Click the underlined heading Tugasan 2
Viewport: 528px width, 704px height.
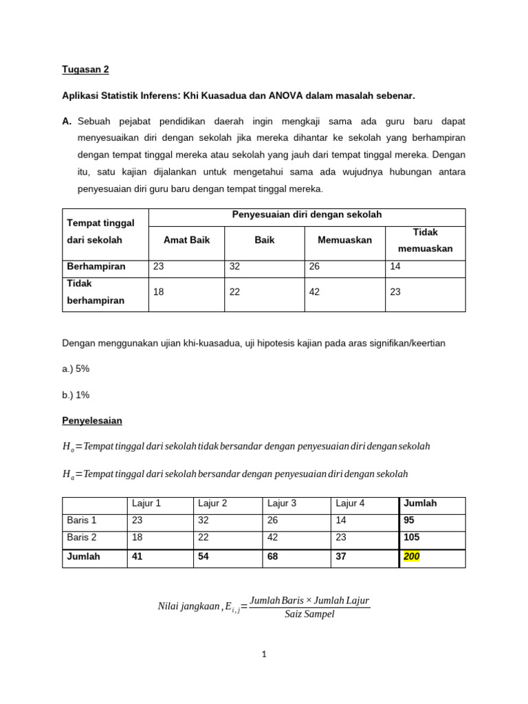pos(85,69)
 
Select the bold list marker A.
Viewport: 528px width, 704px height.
pos(67,121)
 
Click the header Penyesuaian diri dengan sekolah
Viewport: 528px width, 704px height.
pos(307,215)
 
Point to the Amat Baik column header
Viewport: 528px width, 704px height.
pos(186,240)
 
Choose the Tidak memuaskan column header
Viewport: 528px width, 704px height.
pos(425,240)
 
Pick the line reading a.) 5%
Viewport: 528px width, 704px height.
pos(76,368)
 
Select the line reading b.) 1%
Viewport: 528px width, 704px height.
pos(76,395)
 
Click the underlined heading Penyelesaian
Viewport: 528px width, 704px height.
pos(91,420)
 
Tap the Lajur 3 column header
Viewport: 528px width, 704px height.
pos(282,503)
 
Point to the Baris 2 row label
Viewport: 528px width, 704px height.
pos(82,537)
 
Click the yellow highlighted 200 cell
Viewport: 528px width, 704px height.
pos(411,556)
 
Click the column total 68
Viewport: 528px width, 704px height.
pos(274,556)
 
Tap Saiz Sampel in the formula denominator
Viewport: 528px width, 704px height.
pos(309,614)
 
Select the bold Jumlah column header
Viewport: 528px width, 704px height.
pos(420,503)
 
